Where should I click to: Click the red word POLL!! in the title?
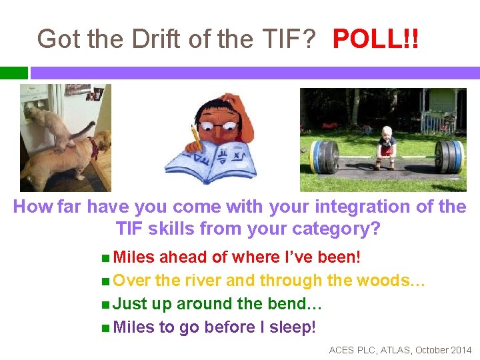[x=376, y=39]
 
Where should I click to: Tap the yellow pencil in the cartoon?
[x=197, y=137]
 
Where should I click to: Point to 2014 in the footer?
[x=460, y=350]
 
